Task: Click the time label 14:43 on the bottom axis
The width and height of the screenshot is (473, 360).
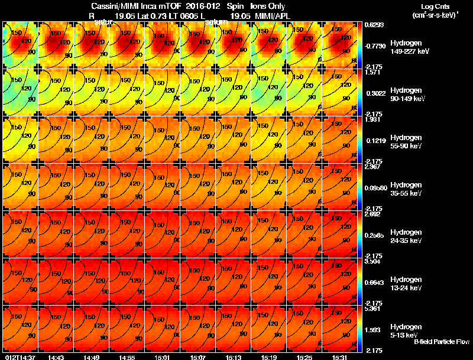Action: coord(56,357)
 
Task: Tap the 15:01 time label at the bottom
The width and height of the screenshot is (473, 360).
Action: coord(163,357)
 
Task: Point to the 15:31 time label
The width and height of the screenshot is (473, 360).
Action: coord(340,357)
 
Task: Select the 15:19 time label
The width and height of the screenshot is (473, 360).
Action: coord(269,357)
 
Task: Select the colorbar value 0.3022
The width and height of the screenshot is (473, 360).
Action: coord(374,93)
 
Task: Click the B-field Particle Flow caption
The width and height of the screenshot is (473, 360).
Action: coord(442,341)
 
